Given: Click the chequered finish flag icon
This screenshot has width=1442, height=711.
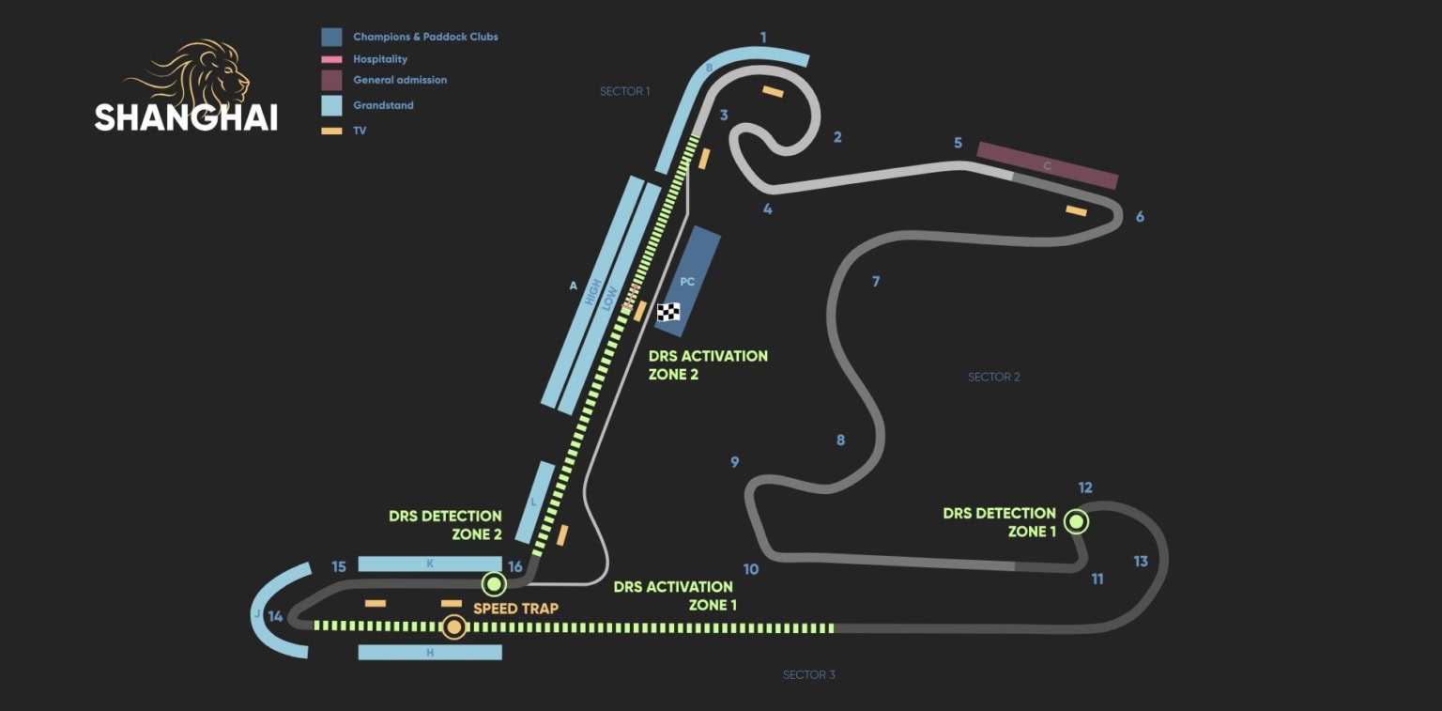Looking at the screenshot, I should tap(668, 312).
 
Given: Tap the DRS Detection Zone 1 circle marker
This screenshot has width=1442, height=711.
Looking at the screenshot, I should tap(1076, 521).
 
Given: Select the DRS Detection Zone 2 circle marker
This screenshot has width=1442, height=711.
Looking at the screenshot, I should tap(493, 584).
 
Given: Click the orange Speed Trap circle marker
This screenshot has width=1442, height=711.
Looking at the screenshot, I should tap(454, 626).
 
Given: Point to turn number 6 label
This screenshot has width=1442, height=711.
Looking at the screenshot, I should tap(1140, 217).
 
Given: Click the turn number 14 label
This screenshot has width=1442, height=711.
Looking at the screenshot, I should tap(275, 617).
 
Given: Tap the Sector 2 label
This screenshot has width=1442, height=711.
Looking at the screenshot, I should tap(993, 377).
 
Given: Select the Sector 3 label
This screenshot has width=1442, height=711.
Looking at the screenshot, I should tap(808, 674).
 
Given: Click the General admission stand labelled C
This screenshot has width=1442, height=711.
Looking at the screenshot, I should tap(1047, 165).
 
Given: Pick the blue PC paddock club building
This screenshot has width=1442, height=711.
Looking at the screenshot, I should tap(687, 281).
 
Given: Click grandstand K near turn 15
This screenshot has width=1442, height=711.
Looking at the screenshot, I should tap(430, 564).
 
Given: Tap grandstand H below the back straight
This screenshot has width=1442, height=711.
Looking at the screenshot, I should tap(430, 652).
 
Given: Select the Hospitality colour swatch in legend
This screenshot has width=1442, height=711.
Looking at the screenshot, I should tap(331, 59).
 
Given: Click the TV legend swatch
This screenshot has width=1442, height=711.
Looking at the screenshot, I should tap(331, 131).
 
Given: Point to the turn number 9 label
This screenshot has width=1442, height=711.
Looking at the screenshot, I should tap(735, 462).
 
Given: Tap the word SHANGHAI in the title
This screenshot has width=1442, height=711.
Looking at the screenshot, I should tap(186, 117).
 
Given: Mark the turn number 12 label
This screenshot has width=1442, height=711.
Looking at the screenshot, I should tap(1085, 487).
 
